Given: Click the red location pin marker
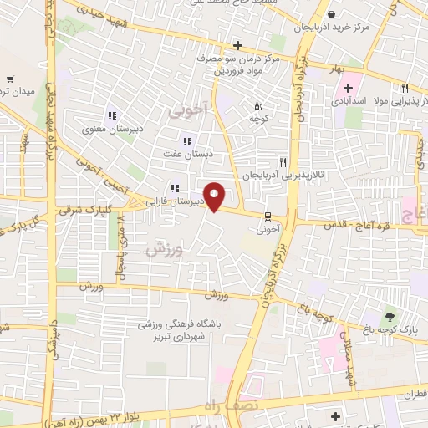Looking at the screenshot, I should [215, 196].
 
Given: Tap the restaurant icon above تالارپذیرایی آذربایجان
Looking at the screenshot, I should [283, 162].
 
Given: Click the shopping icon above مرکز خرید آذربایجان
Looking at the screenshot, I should [332, 14].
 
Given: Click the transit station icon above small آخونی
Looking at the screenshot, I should [267, 214].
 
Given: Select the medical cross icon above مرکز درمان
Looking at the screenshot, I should [238, 45].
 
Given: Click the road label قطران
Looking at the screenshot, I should [407, 391].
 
